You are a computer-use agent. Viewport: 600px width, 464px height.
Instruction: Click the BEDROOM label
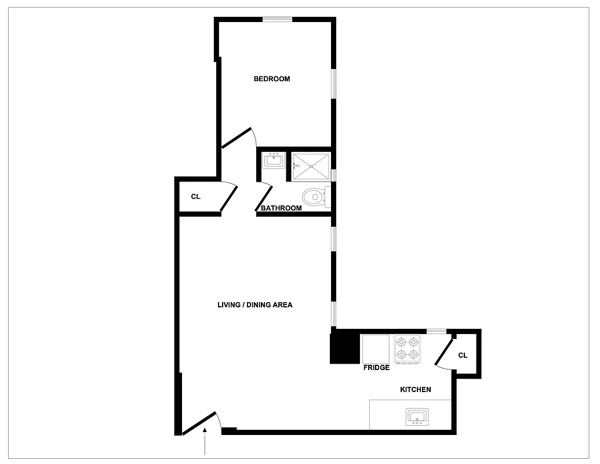(271, 79)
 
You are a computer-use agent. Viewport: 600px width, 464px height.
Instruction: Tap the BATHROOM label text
(281, 208)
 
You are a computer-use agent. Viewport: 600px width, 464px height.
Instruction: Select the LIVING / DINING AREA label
(254, 304)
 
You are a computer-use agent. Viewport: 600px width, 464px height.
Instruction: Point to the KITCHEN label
(416, 390)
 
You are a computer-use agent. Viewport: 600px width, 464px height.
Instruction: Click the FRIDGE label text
(376, 368)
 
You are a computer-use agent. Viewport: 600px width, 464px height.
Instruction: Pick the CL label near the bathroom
(196, 197)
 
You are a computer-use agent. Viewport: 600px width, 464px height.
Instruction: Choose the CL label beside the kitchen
(463, 356)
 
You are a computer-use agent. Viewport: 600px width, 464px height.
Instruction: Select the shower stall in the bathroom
(311, 166)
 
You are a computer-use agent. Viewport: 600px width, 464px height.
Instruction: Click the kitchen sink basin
(417, 416)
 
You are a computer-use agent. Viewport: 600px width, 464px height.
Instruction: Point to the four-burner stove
(407, 349)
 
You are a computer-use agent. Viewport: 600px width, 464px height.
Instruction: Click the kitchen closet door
(444, 353)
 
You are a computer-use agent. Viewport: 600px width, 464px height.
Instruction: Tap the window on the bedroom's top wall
(277, 20)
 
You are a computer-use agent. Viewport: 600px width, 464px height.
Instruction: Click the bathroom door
(264, 198)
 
